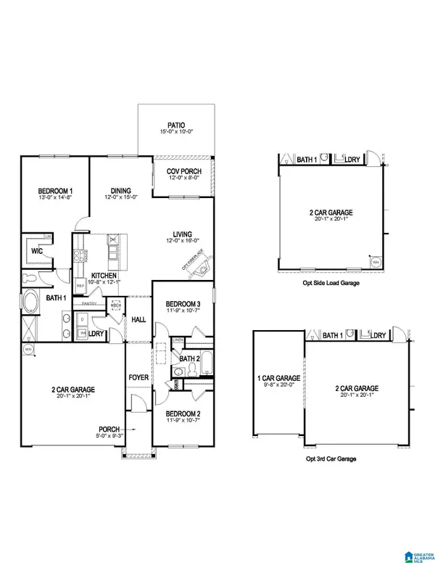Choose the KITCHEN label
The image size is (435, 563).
click(102, 274)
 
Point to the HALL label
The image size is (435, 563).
click(138, 319)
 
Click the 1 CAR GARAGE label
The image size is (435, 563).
click(278, 378)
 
